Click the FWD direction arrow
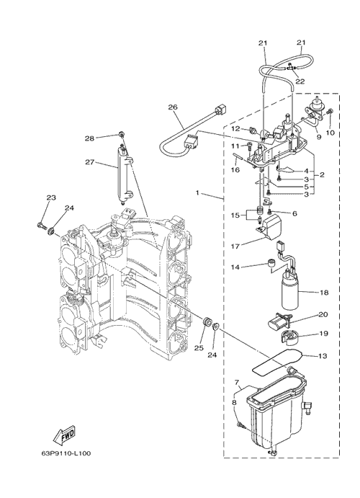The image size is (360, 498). click(x=63, y=435)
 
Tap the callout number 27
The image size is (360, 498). click(x=90, y=162)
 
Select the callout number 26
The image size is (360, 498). click(x=173, y=107)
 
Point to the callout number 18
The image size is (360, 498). click(x=324, y=292)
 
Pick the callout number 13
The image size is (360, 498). click(x=323, y=356)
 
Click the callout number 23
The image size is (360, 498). click(x=51, y=197)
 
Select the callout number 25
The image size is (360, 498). click(x=199, y=348)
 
